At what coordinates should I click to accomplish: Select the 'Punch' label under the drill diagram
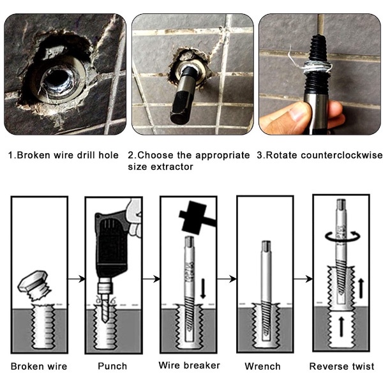(112, 366)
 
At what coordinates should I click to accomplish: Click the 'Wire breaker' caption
(190, 365)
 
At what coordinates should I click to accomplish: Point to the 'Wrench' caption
(262, 366)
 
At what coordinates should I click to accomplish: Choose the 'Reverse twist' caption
(342, 366)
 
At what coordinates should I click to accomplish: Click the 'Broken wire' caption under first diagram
(39, 366)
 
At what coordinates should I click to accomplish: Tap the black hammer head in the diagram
(193, 217)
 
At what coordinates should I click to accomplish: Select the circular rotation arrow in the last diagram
(342, 236)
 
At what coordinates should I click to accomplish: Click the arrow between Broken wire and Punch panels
(76, 279)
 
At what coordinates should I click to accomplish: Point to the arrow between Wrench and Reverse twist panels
(303, 278)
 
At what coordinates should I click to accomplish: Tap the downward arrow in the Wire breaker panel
(203, 289)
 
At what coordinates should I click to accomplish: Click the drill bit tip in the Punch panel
(105, 321)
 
